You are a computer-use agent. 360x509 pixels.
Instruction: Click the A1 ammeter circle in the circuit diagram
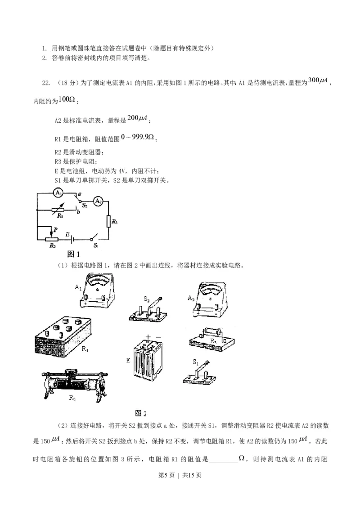coord(58,193)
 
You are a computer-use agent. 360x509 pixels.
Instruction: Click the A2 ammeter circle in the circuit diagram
coord(97,202)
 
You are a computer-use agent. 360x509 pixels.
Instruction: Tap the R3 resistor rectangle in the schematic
coord(109,222)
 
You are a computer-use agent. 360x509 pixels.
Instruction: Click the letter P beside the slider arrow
coord(56,230)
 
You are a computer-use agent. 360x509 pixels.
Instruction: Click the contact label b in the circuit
coord(78,212)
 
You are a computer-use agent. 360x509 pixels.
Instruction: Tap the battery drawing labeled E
coord(152,360)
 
